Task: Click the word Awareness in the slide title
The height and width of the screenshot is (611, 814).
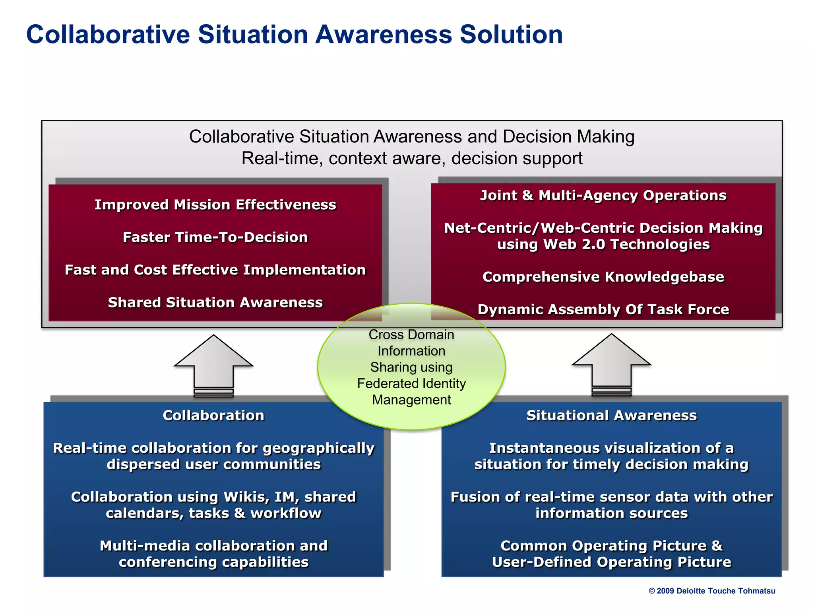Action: click(x=384, y=35)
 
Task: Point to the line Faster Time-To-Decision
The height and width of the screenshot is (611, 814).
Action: click(x=215, y=237)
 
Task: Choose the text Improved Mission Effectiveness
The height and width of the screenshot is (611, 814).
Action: click(x=215, y=205)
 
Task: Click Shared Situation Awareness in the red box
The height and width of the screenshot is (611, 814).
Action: click(x=215, y=303)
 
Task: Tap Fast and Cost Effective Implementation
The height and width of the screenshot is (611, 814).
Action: click(x=215, y=270)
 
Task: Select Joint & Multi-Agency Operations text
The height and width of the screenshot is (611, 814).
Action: click(x=603, y=196)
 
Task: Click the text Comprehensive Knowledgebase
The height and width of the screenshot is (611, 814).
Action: click(x=603, y=277)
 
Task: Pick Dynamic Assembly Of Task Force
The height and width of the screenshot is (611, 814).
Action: click(x=603, y=310)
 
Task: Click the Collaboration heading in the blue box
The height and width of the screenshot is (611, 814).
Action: click(x=213, y=416)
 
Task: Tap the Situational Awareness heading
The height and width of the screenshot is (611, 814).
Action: click(x=611, y=416)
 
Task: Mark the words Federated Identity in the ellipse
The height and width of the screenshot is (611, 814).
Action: click(x=411, y=383)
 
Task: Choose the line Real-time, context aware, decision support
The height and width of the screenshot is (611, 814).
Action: click(x=412, y=159)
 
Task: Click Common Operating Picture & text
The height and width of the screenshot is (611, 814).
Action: click(x=611, y=546)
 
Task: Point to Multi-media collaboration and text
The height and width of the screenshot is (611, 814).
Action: click(x=213, y=546)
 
